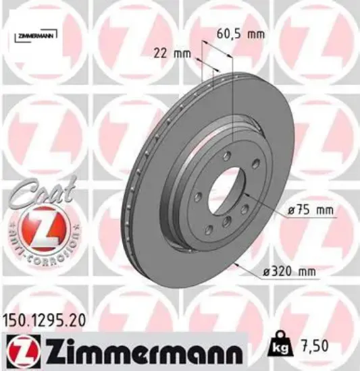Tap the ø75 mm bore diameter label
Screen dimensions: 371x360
[x=311, y=210]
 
